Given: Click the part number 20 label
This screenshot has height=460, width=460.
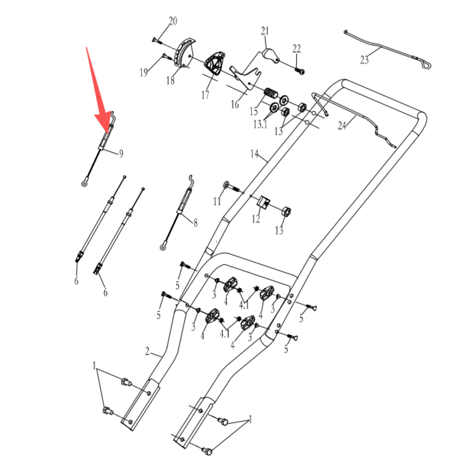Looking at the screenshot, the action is (173, 21).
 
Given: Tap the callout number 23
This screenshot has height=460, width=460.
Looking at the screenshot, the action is (364, 60).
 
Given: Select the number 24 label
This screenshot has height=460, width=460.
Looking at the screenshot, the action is (342, 126).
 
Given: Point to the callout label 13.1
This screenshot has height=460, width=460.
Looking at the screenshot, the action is (260, 124).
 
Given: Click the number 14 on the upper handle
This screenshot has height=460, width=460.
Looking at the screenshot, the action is (254, 154).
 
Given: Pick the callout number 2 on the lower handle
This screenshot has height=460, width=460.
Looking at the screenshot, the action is (147, 351).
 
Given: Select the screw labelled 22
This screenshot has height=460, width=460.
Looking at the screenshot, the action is (300, 70).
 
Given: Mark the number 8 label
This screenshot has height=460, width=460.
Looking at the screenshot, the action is (195, 223).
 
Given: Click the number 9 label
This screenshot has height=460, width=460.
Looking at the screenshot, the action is (121, 153).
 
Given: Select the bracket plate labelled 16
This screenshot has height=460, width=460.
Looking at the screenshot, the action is (245, 78).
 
